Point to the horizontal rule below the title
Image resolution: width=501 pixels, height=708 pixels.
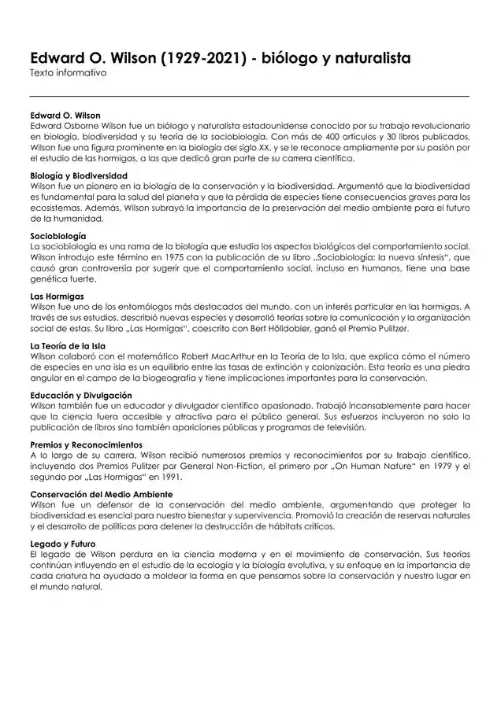(x=250, y=96)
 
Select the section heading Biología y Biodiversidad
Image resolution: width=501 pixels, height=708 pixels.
(x=79, y=175)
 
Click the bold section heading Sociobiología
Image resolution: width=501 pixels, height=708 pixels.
(x=58, y=236)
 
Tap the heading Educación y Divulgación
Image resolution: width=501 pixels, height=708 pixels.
(x=80, y=395)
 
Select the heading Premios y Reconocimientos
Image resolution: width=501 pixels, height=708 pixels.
(x=86, y=444)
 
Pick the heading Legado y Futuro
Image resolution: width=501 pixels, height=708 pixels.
(x=62, y=543)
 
